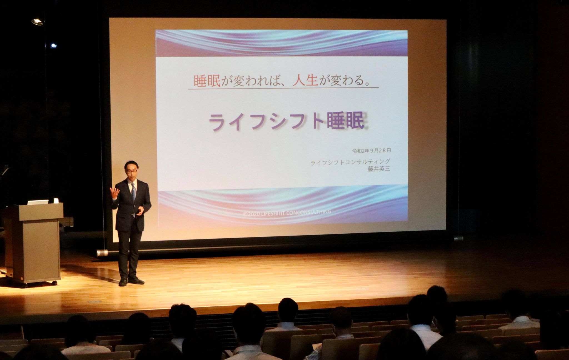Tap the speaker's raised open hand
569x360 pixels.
[114, 192]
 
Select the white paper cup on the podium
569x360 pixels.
[56, 201]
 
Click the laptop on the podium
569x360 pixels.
[38, 202]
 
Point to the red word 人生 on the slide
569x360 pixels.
[305, 81]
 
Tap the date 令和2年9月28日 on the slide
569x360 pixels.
[372, 151]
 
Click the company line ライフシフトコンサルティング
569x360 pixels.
[350, 162]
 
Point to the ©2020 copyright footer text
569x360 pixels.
[287, 212]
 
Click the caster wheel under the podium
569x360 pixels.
[54, 283]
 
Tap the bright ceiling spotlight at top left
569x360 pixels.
[37, 21]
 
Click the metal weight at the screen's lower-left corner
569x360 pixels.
[102, 253]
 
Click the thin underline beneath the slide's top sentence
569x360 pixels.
[283, 88]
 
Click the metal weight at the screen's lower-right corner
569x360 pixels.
[458, 238]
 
